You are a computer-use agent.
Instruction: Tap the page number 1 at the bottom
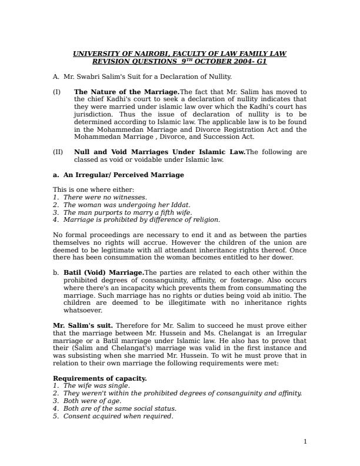pos(305,441)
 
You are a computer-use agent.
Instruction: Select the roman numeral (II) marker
pos(58,152)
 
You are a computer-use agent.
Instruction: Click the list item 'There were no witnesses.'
pos(105,197)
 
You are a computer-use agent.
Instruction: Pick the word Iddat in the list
pos(179,205)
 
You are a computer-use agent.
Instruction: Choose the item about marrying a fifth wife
pos(128,212)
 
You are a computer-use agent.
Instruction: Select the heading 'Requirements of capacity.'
pos(100,378)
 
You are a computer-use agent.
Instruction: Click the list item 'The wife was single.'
pos(96,386)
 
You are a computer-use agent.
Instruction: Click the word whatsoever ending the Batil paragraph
pos(83,311)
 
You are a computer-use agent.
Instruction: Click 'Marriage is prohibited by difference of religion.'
pos(142,220)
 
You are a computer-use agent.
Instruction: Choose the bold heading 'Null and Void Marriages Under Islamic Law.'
pos(159,152)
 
